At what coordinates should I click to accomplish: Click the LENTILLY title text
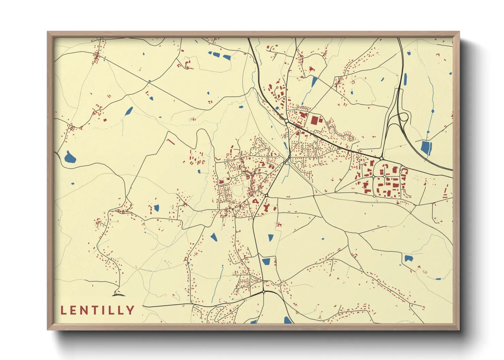click(x=97, y=310)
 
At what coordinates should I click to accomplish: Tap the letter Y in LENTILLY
click(x=130, y=310)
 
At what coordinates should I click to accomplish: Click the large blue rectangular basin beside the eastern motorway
click(x=426, y=148)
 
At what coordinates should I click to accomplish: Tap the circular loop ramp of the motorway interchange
click(x=403, y=117)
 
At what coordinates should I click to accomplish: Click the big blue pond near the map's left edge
click(x=70, y=157)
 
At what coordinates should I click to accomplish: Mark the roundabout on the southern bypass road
click(x=264, y=292)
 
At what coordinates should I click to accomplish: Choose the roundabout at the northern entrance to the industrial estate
click(x=381, y=159)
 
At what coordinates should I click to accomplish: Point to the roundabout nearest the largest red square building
click(x=287, y=121)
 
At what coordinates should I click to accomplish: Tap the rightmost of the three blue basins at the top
click(x=226, y=57)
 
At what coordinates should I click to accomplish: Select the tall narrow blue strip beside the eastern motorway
click(x=405, y=79)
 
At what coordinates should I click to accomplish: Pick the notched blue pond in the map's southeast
click(x=408, y=258)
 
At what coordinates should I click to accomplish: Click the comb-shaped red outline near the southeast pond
click(x=425, y=272)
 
